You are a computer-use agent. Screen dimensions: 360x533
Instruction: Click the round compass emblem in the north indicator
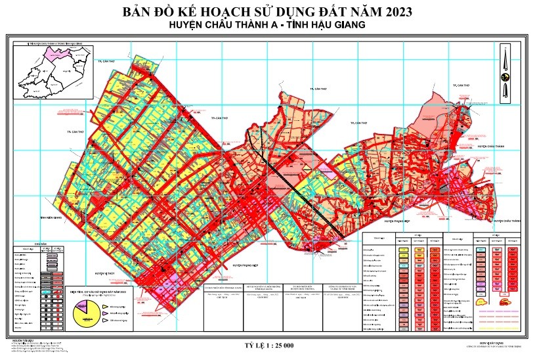[x=505, y=77]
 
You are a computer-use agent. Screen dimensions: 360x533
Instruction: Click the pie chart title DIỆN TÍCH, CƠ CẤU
[x=96, y=291]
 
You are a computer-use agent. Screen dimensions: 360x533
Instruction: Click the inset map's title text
[x=53, y=43]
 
